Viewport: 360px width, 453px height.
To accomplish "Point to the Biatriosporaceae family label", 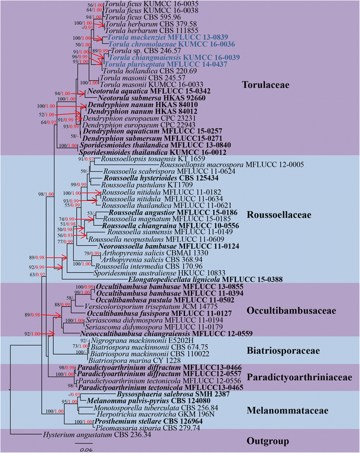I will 291,351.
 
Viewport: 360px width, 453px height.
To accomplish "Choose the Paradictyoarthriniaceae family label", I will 303,377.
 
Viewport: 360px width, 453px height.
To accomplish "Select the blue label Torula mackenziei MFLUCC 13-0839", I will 157,37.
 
